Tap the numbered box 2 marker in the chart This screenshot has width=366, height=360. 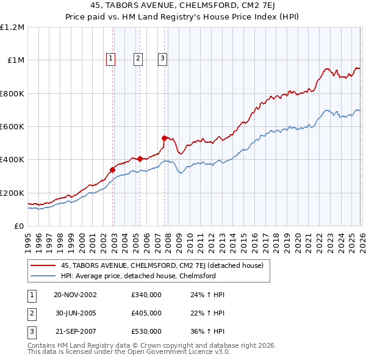click(138, 59)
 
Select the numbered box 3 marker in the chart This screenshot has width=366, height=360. click(163, 59)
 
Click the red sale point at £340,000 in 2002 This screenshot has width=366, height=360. click(113, 170)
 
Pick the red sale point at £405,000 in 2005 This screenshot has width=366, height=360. click(140, 159)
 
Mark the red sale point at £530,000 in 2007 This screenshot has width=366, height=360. click(164, 138)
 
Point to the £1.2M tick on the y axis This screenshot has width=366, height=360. click(12, 27)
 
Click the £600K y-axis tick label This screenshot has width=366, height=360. click(12, 127)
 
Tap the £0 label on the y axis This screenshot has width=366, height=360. click(19, 226)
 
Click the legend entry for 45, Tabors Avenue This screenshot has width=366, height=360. click(162, 265)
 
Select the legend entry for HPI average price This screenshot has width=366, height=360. click(138, 276)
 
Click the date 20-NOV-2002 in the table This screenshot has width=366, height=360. click(75, 295)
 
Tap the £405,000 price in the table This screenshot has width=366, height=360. click(146, 313)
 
